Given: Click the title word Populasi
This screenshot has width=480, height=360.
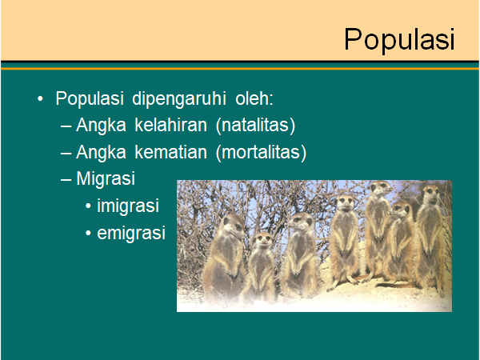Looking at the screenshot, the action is [399, 40].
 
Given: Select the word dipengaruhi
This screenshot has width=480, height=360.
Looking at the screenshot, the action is [179, 98].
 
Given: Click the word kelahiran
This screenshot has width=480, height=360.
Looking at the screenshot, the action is [171, 126].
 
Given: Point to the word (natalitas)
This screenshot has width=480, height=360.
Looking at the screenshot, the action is [256, 126].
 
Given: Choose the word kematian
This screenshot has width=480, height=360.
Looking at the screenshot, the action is [171, 152].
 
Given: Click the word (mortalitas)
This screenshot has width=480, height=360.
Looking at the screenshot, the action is [261, 153].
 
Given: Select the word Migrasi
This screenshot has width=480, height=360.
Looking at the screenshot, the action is [106, 179].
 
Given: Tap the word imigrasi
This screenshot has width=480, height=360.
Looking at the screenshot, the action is [128, 206].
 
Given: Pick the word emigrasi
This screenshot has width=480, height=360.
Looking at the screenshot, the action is [131, 233].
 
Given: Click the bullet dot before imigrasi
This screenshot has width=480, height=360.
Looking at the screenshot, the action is [89, 206].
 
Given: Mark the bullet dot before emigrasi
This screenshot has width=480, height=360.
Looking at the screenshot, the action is [89, 234].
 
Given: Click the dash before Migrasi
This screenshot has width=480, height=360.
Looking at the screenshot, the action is [66, 180].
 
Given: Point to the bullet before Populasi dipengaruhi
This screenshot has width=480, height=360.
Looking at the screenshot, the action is [40, 99].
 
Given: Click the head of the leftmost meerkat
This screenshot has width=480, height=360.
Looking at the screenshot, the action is [234, 226].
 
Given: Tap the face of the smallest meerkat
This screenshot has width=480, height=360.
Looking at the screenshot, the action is [263, 240].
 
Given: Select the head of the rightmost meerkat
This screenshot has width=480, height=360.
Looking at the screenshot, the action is [430, 194].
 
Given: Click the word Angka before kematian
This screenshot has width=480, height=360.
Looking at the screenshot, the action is [101, 153].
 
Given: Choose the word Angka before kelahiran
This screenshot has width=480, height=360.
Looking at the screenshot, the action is [101, 126].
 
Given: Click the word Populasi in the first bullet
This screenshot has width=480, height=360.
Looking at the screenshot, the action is [90, 98].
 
